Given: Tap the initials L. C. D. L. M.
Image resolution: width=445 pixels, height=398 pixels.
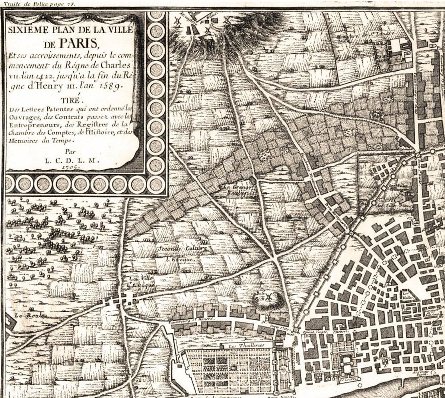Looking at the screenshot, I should point(72,160).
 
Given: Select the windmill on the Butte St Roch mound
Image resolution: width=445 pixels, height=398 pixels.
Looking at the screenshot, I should point(268,297).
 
